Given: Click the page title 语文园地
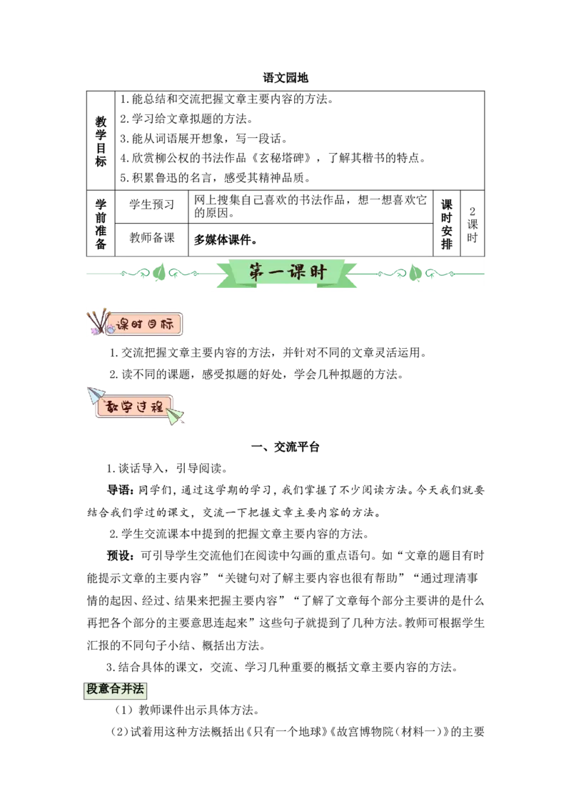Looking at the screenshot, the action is coord(285,78).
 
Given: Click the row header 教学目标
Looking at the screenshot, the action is coord(101,141).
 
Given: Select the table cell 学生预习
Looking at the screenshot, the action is coord(151,204).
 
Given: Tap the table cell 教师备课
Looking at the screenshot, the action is coord(151,238).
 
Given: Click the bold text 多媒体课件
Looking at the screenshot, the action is coord(225,240).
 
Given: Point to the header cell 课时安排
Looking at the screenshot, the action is coord(446,224).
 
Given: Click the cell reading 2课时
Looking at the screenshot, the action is coord(472,224).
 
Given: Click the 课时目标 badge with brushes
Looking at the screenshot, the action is coord(134,324).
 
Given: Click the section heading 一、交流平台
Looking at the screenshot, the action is coord(285,447).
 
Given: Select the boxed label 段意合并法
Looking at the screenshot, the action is coord(115,690).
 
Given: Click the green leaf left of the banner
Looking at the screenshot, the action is coord(160,272).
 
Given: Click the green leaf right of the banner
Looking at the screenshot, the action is coord(415,273).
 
